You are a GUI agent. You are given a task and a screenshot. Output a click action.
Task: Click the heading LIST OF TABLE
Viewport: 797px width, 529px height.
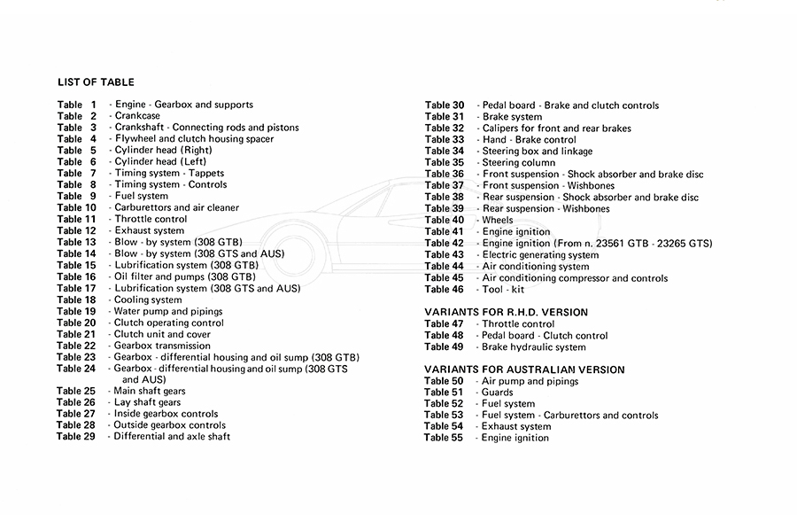point(96,82)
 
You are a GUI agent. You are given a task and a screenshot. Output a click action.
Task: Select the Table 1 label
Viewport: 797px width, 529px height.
point(76,105)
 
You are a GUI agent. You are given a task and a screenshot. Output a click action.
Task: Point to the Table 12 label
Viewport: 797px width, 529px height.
point(76,230)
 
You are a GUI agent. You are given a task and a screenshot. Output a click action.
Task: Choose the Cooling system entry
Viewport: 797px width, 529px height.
point(149,300)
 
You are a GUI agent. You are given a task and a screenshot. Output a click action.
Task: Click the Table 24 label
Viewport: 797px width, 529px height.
point(76,369)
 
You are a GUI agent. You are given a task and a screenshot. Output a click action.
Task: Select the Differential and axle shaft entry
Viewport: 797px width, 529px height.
point(172,437)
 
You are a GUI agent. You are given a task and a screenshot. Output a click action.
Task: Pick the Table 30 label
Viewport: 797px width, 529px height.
point(444,105)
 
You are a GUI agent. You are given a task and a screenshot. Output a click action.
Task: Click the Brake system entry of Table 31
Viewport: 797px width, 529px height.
point(512,117)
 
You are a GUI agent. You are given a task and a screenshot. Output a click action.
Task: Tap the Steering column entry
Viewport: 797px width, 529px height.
point(519,163)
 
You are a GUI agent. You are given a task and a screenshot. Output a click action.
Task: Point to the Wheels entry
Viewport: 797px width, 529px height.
point(498,220)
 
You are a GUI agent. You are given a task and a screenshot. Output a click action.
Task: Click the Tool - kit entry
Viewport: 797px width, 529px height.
point(503,289)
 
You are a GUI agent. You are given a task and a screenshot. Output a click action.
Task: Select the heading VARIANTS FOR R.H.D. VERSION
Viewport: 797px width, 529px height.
point(506,313)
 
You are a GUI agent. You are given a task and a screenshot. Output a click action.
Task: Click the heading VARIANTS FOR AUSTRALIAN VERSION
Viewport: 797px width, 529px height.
point(524,370)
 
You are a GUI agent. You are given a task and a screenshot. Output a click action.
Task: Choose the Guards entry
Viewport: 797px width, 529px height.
point(497,393)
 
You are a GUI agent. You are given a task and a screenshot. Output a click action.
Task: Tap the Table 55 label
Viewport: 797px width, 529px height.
point(444,438)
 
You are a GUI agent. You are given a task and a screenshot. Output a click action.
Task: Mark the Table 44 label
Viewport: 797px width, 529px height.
point(444,266)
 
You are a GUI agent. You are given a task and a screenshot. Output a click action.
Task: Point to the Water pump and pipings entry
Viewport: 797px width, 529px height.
point(168,311)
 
